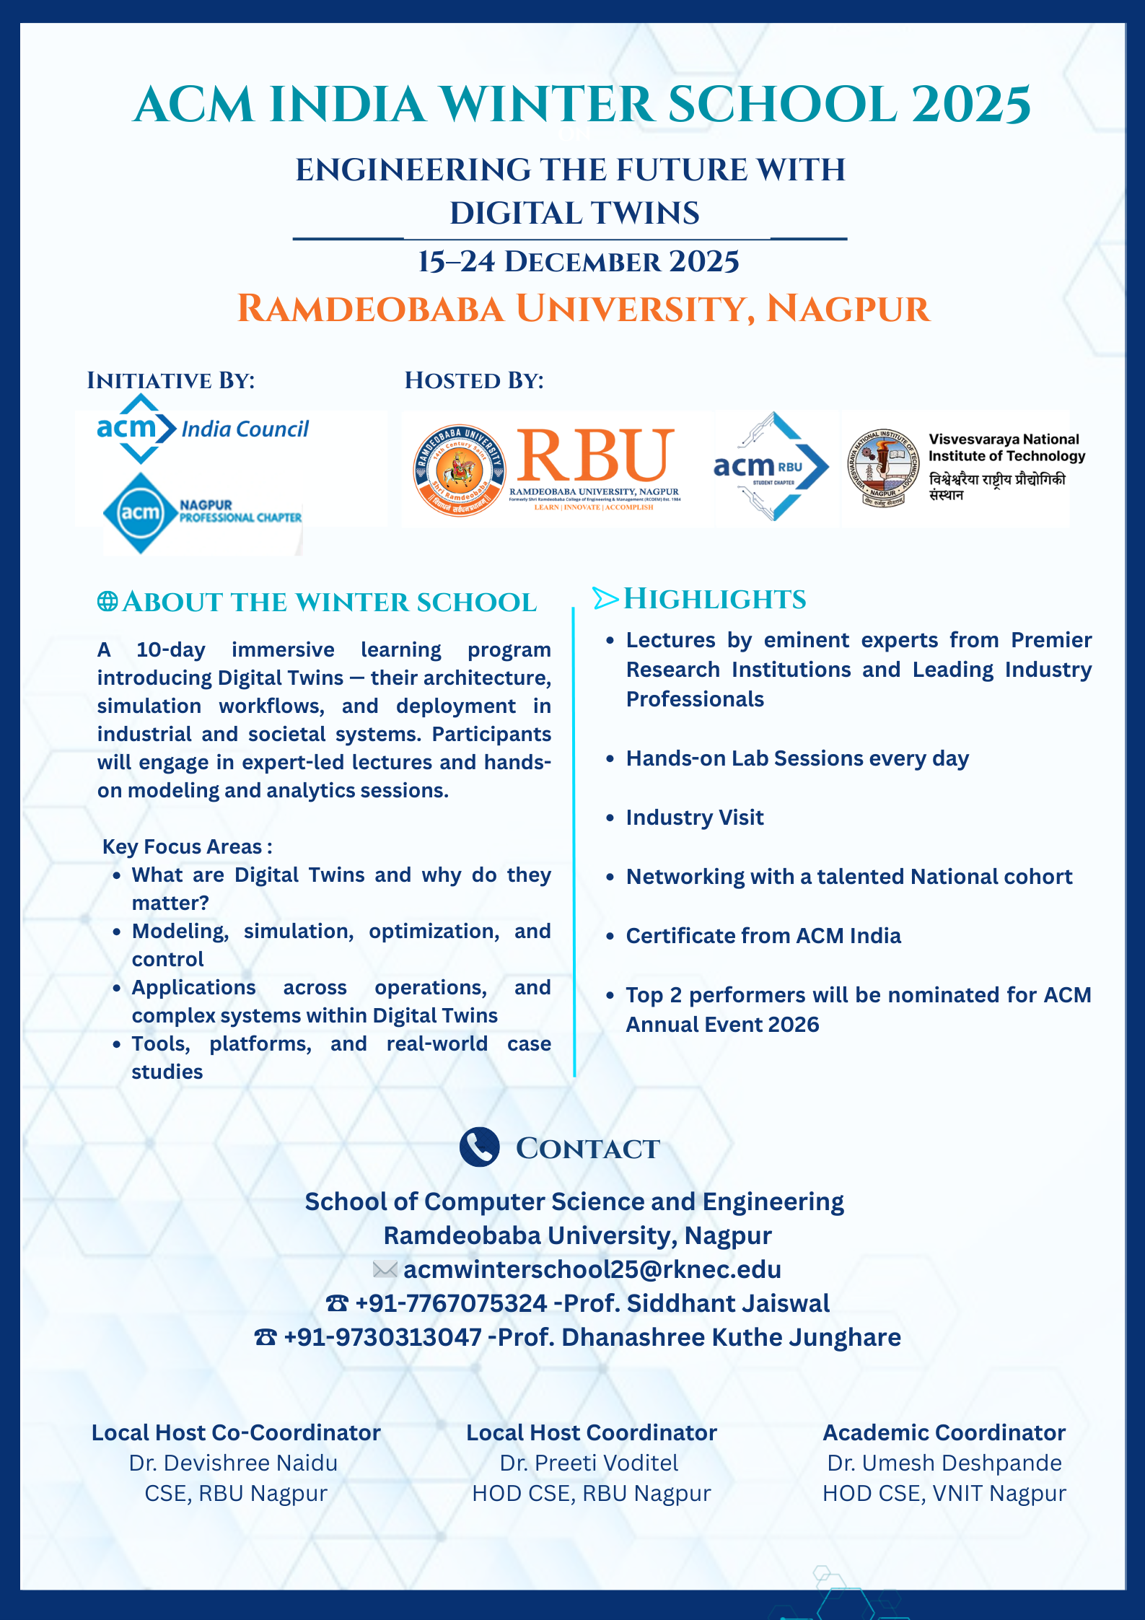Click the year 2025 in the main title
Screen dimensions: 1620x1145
[x=971, y=105]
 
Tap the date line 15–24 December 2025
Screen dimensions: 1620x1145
[x=579, y=262]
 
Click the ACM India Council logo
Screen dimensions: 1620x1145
[x=202, y=429]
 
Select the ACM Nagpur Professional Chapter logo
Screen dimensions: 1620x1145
[x=202, y=513]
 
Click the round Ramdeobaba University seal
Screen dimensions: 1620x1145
[x=460, y=470]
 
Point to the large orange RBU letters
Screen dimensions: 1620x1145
[x=595, y=456]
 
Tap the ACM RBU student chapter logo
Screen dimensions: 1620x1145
[x=771, y=467]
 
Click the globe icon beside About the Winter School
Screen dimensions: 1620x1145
[x=108, y=602]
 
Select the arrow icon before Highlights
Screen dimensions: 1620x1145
[x=605, y=598]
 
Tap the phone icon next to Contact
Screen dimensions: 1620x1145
[x=479, y=1147]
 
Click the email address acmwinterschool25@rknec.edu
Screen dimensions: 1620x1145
[x=592, y=1269]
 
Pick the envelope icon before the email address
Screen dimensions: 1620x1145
[x=385, y=1269]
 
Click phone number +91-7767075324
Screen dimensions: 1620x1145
[x=451, y=1303]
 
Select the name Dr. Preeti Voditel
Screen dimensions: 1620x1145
[x=589, y=1463]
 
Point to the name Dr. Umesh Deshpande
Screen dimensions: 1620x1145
[x=944, y=1463]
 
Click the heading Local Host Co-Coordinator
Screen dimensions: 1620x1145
[x=236, y=1432]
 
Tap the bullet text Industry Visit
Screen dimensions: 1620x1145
[x=694, y=818]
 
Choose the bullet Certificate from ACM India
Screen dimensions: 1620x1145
[x=763, y=936]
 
